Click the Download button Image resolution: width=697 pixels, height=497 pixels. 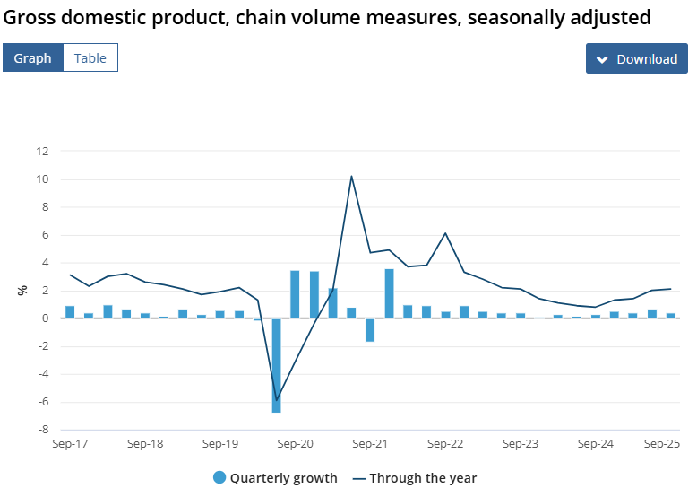(x=636, y=59)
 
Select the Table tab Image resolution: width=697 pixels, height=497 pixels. (x=90, y=57)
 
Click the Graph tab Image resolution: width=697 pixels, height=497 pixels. (x=32, y=57)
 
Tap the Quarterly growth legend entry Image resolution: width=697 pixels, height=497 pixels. (x=275, y=477)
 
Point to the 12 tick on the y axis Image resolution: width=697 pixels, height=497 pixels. (x=42, y=151)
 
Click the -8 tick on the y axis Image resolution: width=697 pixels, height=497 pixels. (x=42, y=430)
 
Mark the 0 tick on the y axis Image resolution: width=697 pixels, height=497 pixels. (x=44, y=318)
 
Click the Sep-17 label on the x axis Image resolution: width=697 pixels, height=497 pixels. (x=70, y=443)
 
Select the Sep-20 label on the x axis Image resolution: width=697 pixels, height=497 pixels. (x=295, y=443)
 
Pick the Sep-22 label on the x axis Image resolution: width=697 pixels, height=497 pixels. (x=445, y=443)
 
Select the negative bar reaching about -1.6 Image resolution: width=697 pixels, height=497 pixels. (x=370, y=329)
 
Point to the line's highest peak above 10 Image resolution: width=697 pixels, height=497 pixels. (x=351, y=176)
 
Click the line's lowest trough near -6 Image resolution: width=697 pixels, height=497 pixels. (x=276, y=399)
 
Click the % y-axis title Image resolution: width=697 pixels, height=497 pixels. (x=22, y=290)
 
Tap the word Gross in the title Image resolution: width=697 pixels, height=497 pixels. (x=30, y=17)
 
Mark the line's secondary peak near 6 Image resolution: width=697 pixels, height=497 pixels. (x=445, y=233)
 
